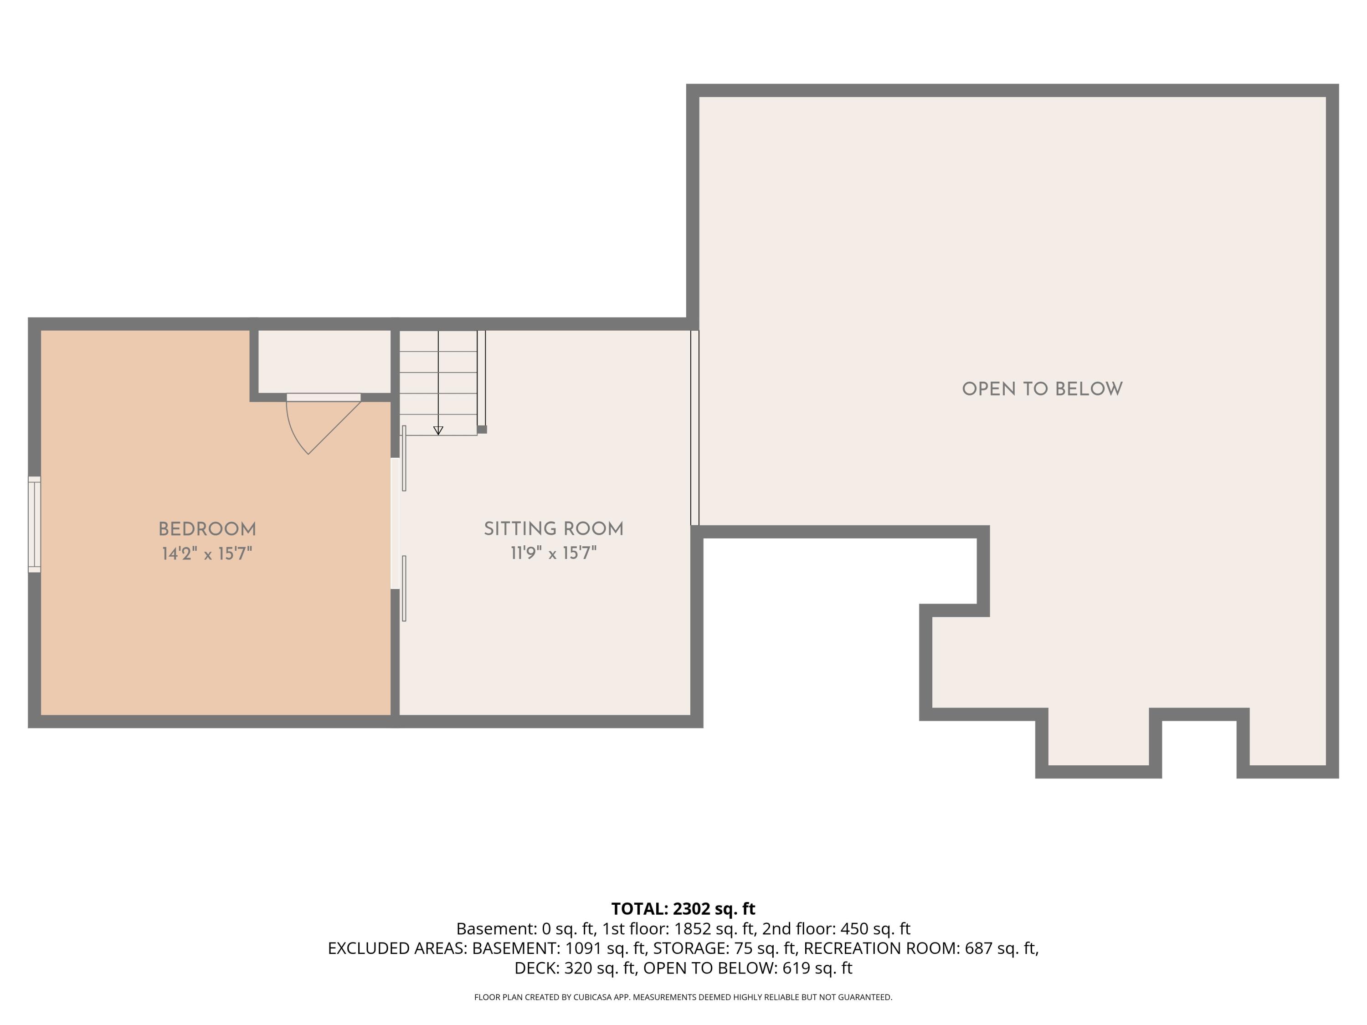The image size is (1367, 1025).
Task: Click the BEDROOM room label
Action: point(207,529)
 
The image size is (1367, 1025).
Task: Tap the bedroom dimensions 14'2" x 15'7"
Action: point(207,553)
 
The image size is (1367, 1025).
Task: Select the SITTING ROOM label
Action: point(554,529)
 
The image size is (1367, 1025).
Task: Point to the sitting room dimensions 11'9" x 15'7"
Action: point(554,553)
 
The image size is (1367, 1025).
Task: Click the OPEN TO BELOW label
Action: point(1042,389)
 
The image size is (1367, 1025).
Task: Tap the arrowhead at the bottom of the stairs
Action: point(438,430)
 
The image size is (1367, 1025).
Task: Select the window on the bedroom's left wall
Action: point(35,524)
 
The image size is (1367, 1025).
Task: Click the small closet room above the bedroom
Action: point(324,361)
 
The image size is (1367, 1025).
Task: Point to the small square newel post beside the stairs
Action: point(482,430)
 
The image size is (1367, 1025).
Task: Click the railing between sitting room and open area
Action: point(694,428)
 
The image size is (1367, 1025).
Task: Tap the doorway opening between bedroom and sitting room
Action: point(395,523)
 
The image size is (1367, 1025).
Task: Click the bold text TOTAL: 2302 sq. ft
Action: point(683,909)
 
